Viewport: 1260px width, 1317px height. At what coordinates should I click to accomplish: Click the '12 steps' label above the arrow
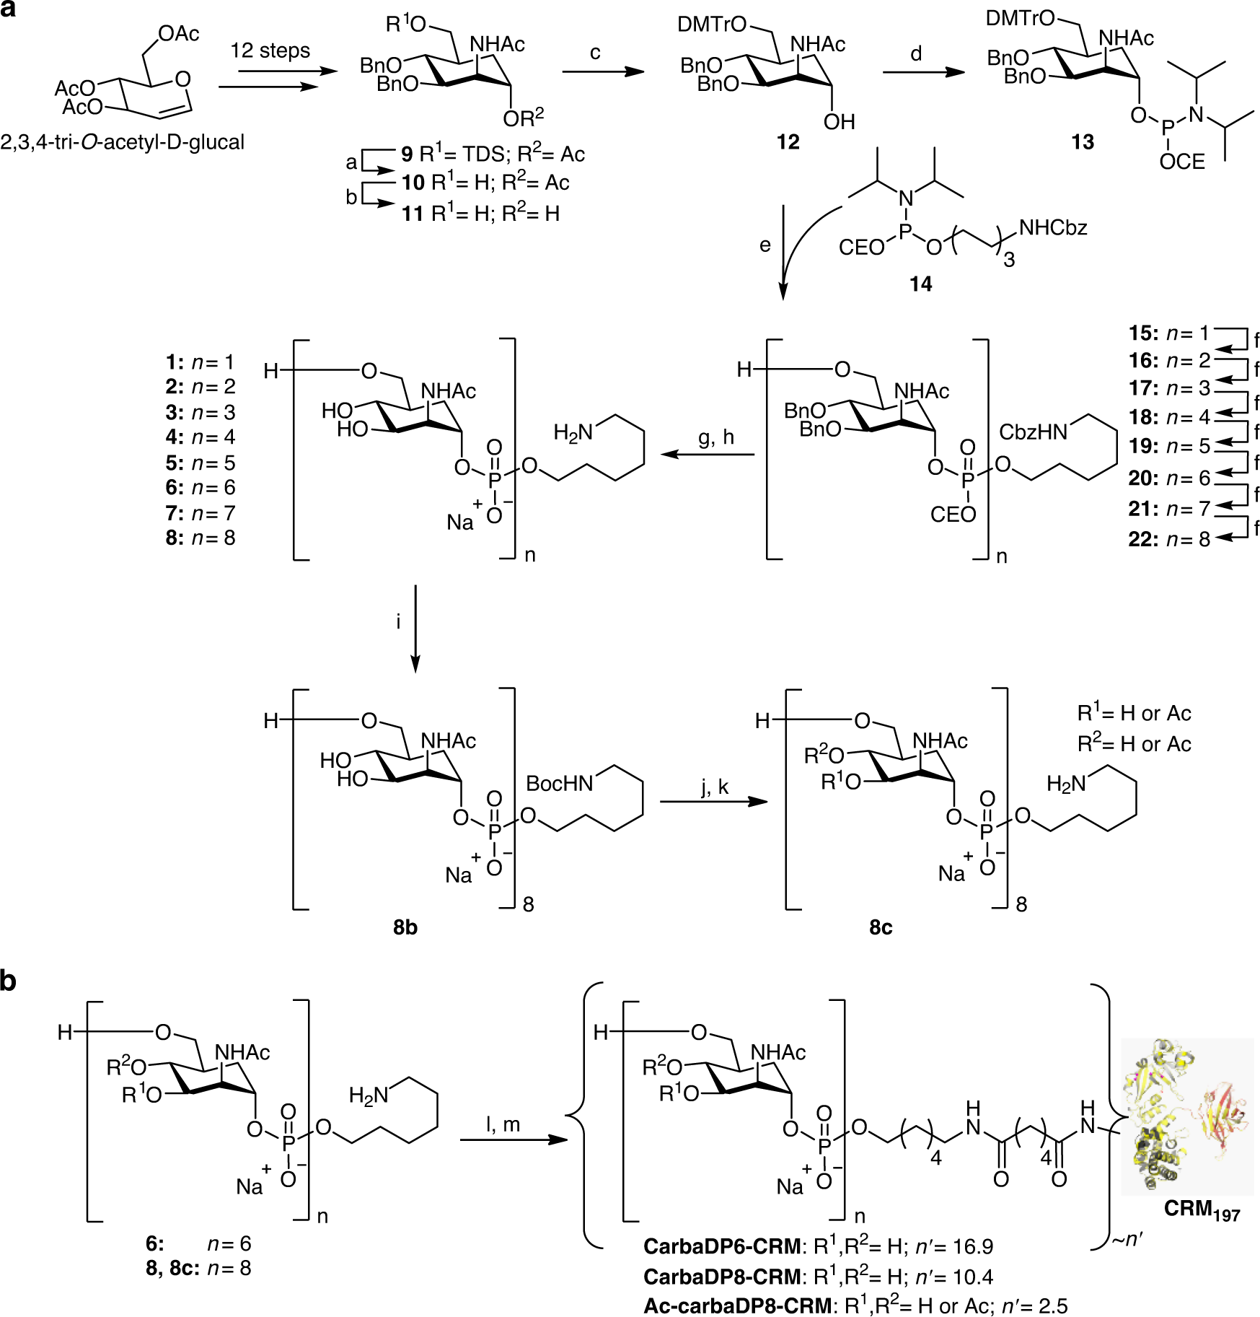pyautogui.click(x=270, y=51)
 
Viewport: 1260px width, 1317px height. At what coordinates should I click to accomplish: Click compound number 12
pyautogui.click(x=788, y=142)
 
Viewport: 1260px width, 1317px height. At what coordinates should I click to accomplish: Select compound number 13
pyautogui.click(x=1082, y=142)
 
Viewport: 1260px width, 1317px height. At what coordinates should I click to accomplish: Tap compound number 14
pyautogui.click(x=920, y=284)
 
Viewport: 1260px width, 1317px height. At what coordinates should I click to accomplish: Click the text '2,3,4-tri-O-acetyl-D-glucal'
pyautogui.click(x=123, y=142)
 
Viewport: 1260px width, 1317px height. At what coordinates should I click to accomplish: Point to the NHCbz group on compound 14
pyautogui.click(x=1052, y=228)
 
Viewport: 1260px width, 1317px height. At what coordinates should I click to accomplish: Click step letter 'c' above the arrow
pyautogui.click(x=595, y=53)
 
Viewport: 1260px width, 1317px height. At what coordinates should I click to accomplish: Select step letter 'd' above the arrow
pyautogui.click(x=916, y=53)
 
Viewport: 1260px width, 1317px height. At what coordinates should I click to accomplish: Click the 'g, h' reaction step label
pyautogui.click(x=715, y=437)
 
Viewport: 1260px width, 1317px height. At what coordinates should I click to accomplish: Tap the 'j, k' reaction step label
pyautogui.click(x=715, y=787)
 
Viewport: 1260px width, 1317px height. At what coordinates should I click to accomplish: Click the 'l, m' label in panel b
pyautogui.click(x=503, y=1124)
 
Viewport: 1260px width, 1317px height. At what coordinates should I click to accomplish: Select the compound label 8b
pyautogui.click(x=405, y=927)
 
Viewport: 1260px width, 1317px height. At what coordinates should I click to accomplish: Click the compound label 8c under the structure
pyautogui.click(x=881, y=927)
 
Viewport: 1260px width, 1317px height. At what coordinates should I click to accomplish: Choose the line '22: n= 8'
pyautogui.click(x=1168, y=539)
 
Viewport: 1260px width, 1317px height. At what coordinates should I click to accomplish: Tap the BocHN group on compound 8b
pyautogui.click(x=559, y=784)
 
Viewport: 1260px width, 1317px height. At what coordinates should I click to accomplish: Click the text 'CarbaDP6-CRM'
pyautogui.click(x=721, y=1246)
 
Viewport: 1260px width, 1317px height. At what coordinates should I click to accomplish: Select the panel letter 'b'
pyautogui.click(x=8, y=981)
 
